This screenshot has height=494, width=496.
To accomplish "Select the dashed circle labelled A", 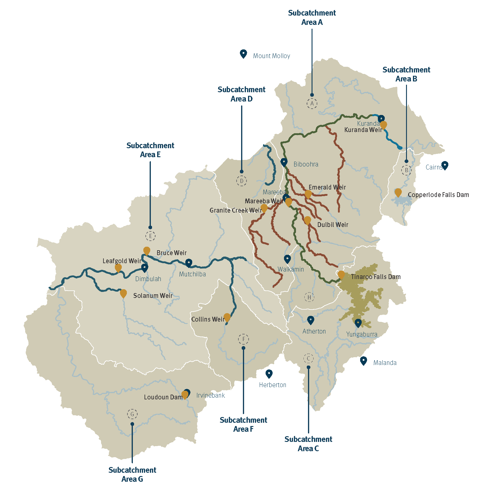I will pyautogui.click(x=312, y=104).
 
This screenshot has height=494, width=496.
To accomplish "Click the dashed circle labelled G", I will pyautogui.click(x=132, y=414).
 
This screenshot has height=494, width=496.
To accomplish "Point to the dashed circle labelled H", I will pyautogui.click(x=309, y=297).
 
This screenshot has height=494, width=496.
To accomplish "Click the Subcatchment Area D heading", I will pyautogui.click(x=241, y=94).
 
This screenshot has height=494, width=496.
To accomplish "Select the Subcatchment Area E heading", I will pyautogui.click(x=150, y=150).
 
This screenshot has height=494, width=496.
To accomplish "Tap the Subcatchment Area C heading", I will pyautogui.click(x=308, y=444).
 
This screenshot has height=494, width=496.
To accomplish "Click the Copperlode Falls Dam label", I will pyautogui.click(x=438, y=195).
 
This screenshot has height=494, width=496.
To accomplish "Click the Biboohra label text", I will pyautogui.click(x=306, y=164).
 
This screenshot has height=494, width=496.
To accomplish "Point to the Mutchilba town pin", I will pyautogui.click(x=189, y=263).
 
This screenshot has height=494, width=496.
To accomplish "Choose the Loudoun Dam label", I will pyautogui.click(x=163, y=397).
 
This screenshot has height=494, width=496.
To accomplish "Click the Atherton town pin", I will pyautogui.click(x=311, y=320).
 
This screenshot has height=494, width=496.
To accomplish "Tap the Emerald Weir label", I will pyautogui.click(x=327, y=187).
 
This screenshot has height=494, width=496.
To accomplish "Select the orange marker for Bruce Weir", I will pyautogui.click(x=147, y=251).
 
